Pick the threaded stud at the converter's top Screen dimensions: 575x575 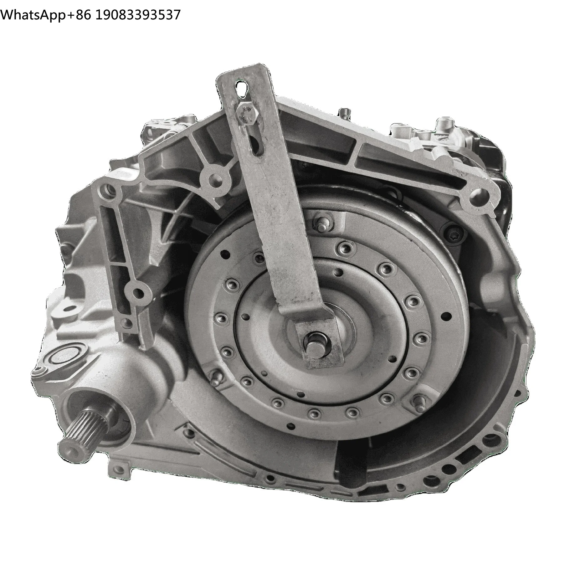tap(321, 223)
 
